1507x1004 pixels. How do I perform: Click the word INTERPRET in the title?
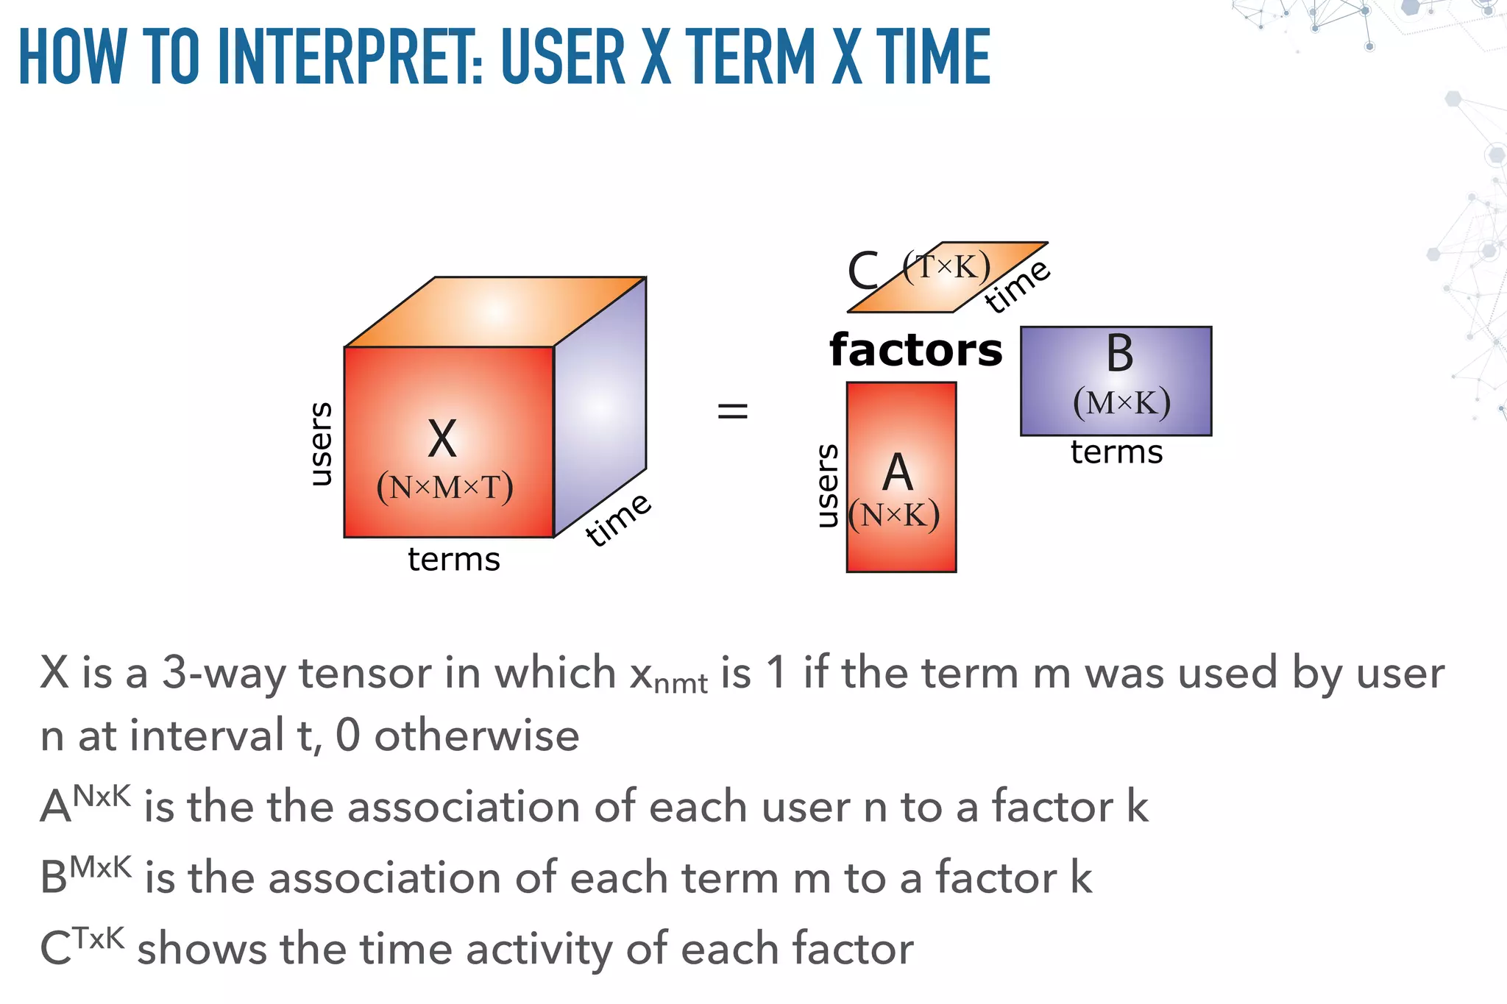350,57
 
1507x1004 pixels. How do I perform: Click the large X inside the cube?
442,439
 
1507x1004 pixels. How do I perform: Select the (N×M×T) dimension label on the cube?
444,488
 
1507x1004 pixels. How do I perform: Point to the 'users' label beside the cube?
321,444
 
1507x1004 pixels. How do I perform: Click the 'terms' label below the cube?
454,560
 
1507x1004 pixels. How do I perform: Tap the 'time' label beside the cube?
618,520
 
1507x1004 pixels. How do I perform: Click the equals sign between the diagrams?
732,410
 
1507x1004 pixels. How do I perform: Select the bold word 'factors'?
915,350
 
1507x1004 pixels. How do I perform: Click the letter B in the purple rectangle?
1120,354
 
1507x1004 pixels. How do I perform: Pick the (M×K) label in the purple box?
1121,403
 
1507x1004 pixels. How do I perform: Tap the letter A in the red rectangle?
898,473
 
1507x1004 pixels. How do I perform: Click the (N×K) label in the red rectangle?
894,516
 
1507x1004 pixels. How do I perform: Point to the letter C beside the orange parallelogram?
864,271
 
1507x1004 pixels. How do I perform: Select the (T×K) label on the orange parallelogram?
946,266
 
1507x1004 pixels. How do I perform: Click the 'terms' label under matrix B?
1116,452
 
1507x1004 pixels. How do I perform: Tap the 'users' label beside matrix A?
828,485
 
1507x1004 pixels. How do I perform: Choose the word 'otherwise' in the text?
477,736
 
